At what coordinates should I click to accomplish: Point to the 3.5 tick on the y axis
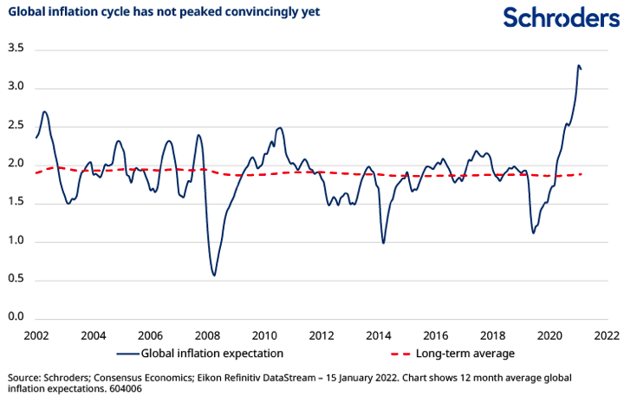tap(15, 49)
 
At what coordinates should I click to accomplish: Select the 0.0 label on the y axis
tap(15, 317)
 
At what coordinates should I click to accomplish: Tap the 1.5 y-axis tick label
tap(15, 203)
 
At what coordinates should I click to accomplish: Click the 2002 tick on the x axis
tap(36, 334)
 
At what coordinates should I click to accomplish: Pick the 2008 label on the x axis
tap(207, 334)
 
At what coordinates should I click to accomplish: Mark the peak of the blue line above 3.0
tap(578, 65)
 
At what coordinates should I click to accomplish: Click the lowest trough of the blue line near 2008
tap(214, 275)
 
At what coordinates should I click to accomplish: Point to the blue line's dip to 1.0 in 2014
tap(383, 243)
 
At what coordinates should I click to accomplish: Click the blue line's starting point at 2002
tap(36, 138)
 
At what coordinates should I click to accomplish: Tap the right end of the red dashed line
tap(582, 174)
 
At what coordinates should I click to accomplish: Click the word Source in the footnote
tap(23, 379)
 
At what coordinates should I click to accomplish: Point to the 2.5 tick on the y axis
tap(15, 127)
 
